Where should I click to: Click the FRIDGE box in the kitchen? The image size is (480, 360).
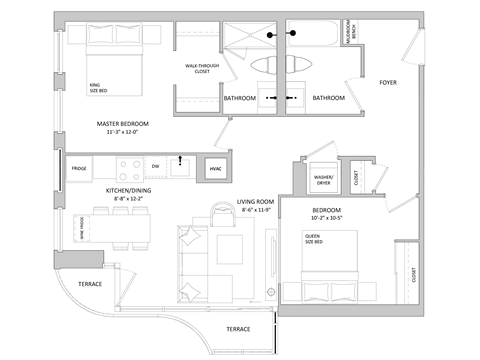79,169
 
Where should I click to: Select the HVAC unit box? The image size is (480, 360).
216,169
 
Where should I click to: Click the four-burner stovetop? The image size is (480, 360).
129,167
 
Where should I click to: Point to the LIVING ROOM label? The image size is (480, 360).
257,201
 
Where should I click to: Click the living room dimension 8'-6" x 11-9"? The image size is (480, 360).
257,211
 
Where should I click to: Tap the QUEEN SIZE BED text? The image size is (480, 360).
315,240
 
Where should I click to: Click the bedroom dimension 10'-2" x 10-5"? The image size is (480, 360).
320,217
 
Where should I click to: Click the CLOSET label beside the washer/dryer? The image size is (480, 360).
357,177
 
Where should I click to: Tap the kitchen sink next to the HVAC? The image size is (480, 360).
182,166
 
